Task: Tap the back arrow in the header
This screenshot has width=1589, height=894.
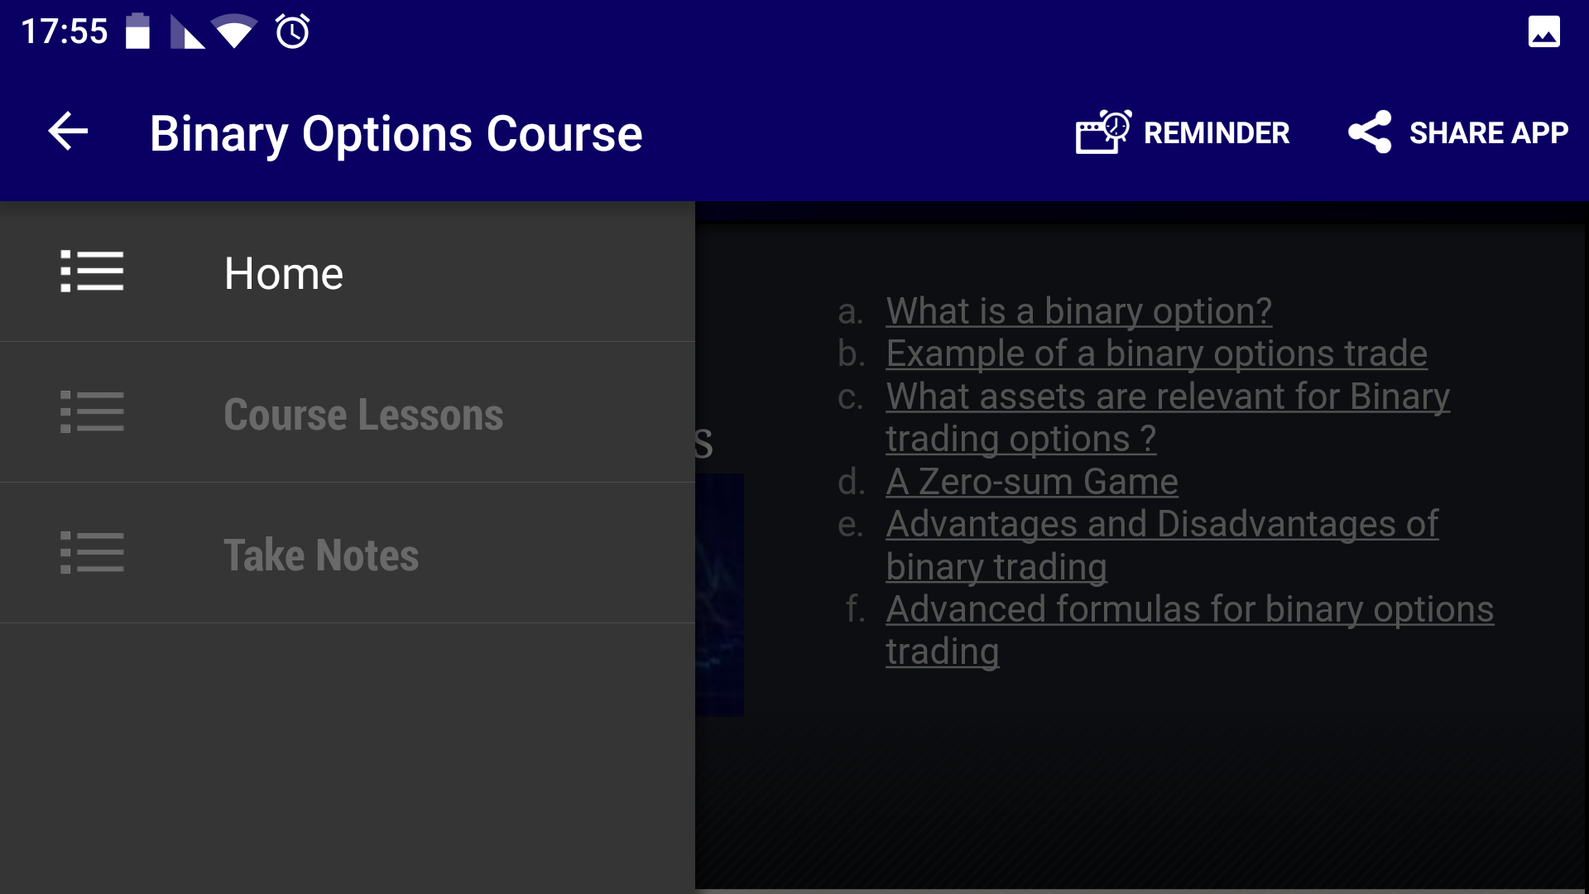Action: click(68, 132)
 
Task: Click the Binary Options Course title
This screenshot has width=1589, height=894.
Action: click(396, 134)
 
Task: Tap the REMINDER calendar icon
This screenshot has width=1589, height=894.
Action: click(1102, 132)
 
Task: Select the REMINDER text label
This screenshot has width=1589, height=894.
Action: click(1216, 133)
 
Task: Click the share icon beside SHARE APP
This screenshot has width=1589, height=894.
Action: click(1370, 132)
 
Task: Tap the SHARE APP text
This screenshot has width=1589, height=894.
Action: click(1488, 133)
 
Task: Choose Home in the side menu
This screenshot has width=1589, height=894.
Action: click(283, 273)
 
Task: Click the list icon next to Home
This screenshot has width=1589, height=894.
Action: click(92, 272)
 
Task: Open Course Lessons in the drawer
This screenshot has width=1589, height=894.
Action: click(362, 414)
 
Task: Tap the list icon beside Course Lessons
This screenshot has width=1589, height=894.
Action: click(92, 412)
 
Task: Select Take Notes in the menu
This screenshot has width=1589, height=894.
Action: click(321, 555)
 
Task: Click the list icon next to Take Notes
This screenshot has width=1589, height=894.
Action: click(92, 553)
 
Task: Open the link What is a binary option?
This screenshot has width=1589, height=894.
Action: click(1078, 311)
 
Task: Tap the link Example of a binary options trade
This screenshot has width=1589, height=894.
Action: click(1156, 353)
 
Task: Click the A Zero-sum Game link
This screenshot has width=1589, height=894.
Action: click(1031, 482)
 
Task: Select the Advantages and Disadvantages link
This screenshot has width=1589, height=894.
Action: click(1161, 525)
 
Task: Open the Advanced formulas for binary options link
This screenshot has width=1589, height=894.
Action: click(1189, 610)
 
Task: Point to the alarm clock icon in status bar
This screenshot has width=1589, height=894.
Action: click(292, 31)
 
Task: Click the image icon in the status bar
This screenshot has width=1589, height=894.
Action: click(1543, 32)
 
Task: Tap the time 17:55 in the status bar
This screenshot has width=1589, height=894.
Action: click(64, 31)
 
